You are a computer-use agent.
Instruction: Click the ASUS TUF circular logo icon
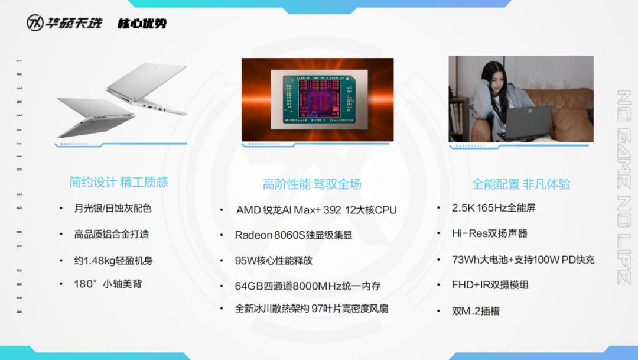point(35,23)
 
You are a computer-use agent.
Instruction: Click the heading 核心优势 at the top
point(142,23)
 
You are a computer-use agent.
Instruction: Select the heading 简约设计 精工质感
point(118,182)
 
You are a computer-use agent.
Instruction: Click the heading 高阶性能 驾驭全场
point(312,184)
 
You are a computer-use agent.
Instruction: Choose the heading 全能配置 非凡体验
point(521,184)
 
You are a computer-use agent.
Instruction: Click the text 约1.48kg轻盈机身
point(113,261)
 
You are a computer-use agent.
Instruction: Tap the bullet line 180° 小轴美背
point(108,284)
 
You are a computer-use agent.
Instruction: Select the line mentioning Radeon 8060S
point(294,235)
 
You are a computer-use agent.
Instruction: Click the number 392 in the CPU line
point(332,210)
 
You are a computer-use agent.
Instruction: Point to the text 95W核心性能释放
point(274,261)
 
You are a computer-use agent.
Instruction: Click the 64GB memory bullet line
point(308,286)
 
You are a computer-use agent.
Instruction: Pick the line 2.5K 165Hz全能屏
point(493,208)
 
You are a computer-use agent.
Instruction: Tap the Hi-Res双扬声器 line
point(490,233)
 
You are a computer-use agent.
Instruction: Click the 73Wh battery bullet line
point(523,260)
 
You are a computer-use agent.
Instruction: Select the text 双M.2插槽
point(476,311)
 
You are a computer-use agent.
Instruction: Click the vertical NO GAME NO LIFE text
point(624,187)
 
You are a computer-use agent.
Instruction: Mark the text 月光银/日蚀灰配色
point(113,209)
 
